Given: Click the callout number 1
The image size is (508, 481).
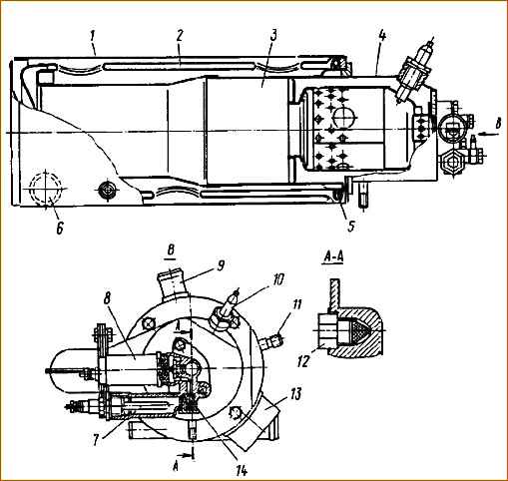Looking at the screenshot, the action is (x=92, y=37).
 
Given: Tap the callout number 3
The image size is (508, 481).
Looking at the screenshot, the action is (x=273, y=36).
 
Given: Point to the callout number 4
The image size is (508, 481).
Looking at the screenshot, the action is (x=382, y=36).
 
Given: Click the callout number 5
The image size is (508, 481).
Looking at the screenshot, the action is (x=351, y=227).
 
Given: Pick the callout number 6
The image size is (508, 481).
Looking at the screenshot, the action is (x=60, y=229).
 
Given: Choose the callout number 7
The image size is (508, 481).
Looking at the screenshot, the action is (x=96, y=440).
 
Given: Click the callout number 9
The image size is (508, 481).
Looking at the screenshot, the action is (x=221, y=265).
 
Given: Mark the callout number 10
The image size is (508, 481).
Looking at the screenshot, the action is (x=278, y=280).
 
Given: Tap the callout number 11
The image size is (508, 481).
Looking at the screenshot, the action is (x=296, y=304).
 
